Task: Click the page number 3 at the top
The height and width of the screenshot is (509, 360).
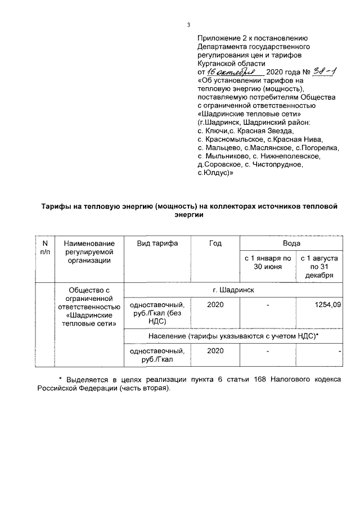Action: pyautogui.click(x=189, y=25)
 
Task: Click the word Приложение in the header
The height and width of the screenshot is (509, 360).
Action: pyautogui.click(x=218, y=38)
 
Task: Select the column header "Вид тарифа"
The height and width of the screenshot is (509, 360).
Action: pyautogui.click(x=157, y=243)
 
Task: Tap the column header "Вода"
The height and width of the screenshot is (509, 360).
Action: pyautogui.click(x=291, y=243)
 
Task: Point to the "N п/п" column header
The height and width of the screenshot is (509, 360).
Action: pyautogui.click(x=45, y=247)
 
